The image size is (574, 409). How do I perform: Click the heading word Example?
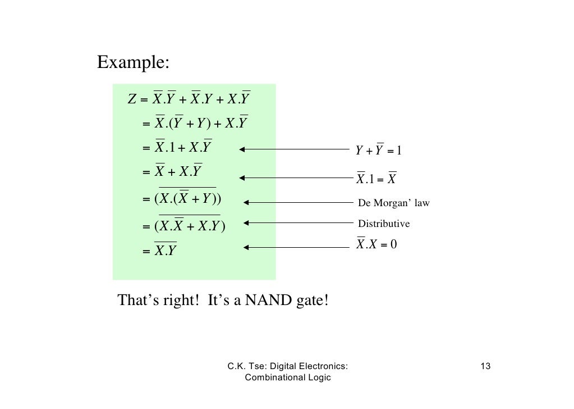(132, 62)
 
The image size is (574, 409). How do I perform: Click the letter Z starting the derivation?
(132, 101)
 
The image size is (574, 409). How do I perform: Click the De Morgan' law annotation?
(393, 203)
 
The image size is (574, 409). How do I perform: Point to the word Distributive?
(384, 224)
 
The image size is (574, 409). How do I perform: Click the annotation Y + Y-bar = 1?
(379, 151)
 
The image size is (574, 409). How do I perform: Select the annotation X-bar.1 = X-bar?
(376, 179)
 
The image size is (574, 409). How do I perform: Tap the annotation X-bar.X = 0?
(376, 245)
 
